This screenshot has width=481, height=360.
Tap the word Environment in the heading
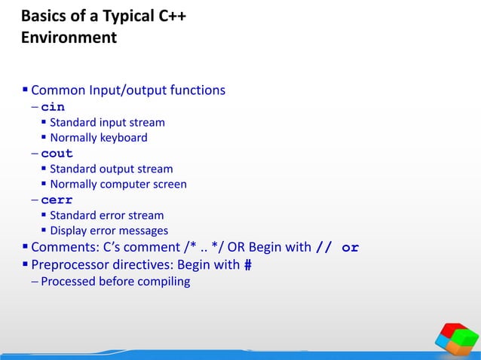tap(69, 38)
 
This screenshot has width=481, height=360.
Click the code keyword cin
tap(53, 107)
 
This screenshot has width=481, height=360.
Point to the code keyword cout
tap(57, 154)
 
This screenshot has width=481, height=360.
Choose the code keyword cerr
tap(57, 200)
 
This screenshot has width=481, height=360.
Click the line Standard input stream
tap(107, 122)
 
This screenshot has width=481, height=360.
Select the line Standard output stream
tap(111, 169)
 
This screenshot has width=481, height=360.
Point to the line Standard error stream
tap(106, 215)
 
